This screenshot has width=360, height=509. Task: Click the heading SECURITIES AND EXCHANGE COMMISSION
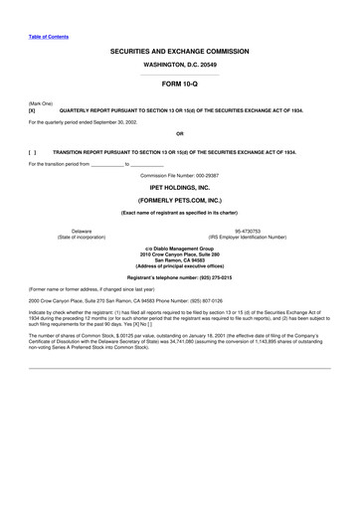(x=180, y=51)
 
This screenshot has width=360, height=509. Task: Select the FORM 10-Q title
(x=180, y=85)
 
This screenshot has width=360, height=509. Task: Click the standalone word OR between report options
(x=180, y=132)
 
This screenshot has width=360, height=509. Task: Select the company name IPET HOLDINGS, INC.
(x=180, y=186)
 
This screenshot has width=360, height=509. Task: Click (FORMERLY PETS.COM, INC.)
(x=180, y=200)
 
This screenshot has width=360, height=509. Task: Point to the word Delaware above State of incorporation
(x=75, y=231)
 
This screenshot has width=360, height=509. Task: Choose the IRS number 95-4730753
(x=240, y=231)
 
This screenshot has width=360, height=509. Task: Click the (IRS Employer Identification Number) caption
(x=240, y=238)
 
